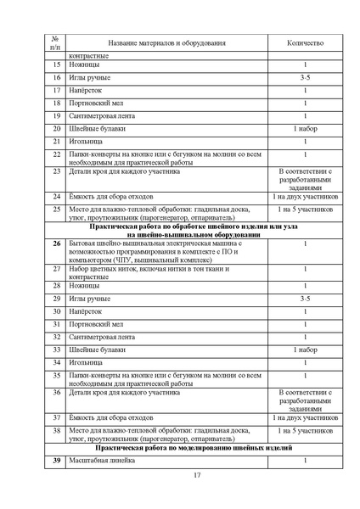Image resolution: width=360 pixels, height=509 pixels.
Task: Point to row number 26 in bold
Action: pyautogui.click(x=56, y=243)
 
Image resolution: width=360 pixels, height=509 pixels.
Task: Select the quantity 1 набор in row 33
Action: pyautogui.click(x=305, y=349)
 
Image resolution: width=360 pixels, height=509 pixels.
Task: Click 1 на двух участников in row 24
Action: pyautogui.click(x=305, y=196)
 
